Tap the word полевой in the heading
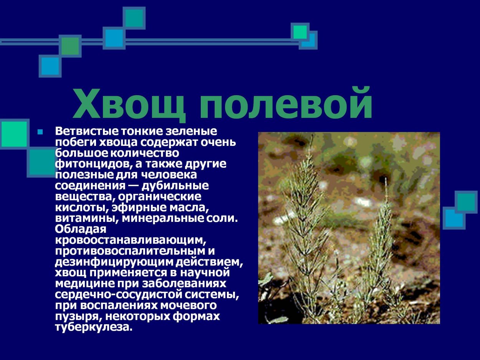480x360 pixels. pyautogui.click(x=286, y=104)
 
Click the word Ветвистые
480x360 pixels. pyautogui.click(x=87, y=132)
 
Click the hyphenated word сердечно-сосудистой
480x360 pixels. pyautogui.click(x=126, y=295)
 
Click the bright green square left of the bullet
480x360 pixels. pyautogui.click(x=14, y=134)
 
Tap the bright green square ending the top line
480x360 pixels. pyautogui.click(x=300, y=32)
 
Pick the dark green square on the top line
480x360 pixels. pyautogui.click(x=70, y=46)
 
